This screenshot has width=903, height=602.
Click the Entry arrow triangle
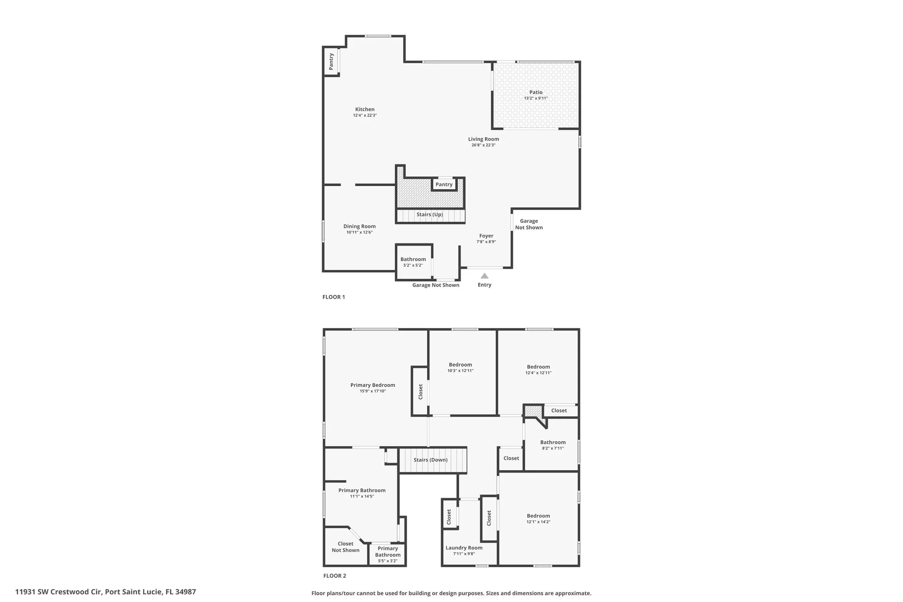click(x=484, y=276)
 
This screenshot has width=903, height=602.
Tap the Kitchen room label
click(x=365, y=109)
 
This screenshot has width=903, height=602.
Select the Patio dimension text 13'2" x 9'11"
click(x=536, y=98)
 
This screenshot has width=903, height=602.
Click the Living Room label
click(x=484, y=139)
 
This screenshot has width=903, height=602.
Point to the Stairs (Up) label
click(x=430, y=215)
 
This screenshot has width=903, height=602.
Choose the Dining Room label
click(x=359, y=226)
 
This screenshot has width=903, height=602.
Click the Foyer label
click(x=486, y=236)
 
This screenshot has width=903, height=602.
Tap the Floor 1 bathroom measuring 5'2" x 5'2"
click(x=413, y=262)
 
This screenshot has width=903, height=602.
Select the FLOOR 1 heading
click(x=334, y=297)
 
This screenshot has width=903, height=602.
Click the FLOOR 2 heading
click(x=335, y=576)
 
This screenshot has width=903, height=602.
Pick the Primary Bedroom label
click(x=373, y=385)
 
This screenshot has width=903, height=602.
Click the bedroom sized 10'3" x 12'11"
click(x=461, y=367)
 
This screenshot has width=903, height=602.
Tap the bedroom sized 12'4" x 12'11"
click(x=538, y=369)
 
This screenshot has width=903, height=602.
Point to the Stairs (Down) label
click(x=431, y=460)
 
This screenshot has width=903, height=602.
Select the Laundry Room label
click(x=464, y=548)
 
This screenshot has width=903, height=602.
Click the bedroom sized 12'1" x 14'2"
click(x=538, y=518)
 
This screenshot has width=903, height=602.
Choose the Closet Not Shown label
click(x=346, y=547)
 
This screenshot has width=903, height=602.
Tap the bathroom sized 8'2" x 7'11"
click(x=553, y=445)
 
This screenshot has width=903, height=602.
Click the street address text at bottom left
click(x=106, y=592)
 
